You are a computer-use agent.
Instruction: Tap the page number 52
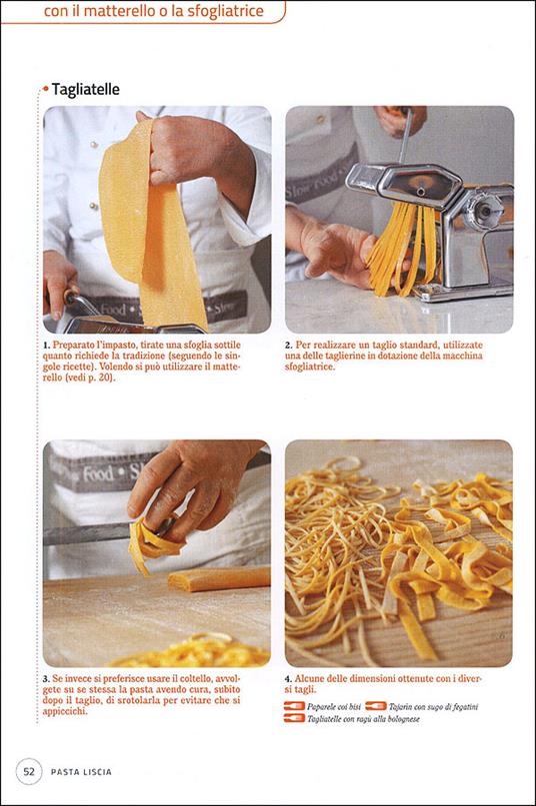[x=30, y=770]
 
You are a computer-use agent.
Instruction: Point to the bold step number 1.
[x=46, y=345]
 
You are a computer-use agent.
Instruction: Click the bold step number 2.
[x=289, y=345]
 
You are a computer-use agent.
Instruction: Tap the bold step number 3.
[x=46, y=680]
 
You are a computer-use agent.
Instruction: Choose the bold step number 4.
[x=289, y=680]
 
